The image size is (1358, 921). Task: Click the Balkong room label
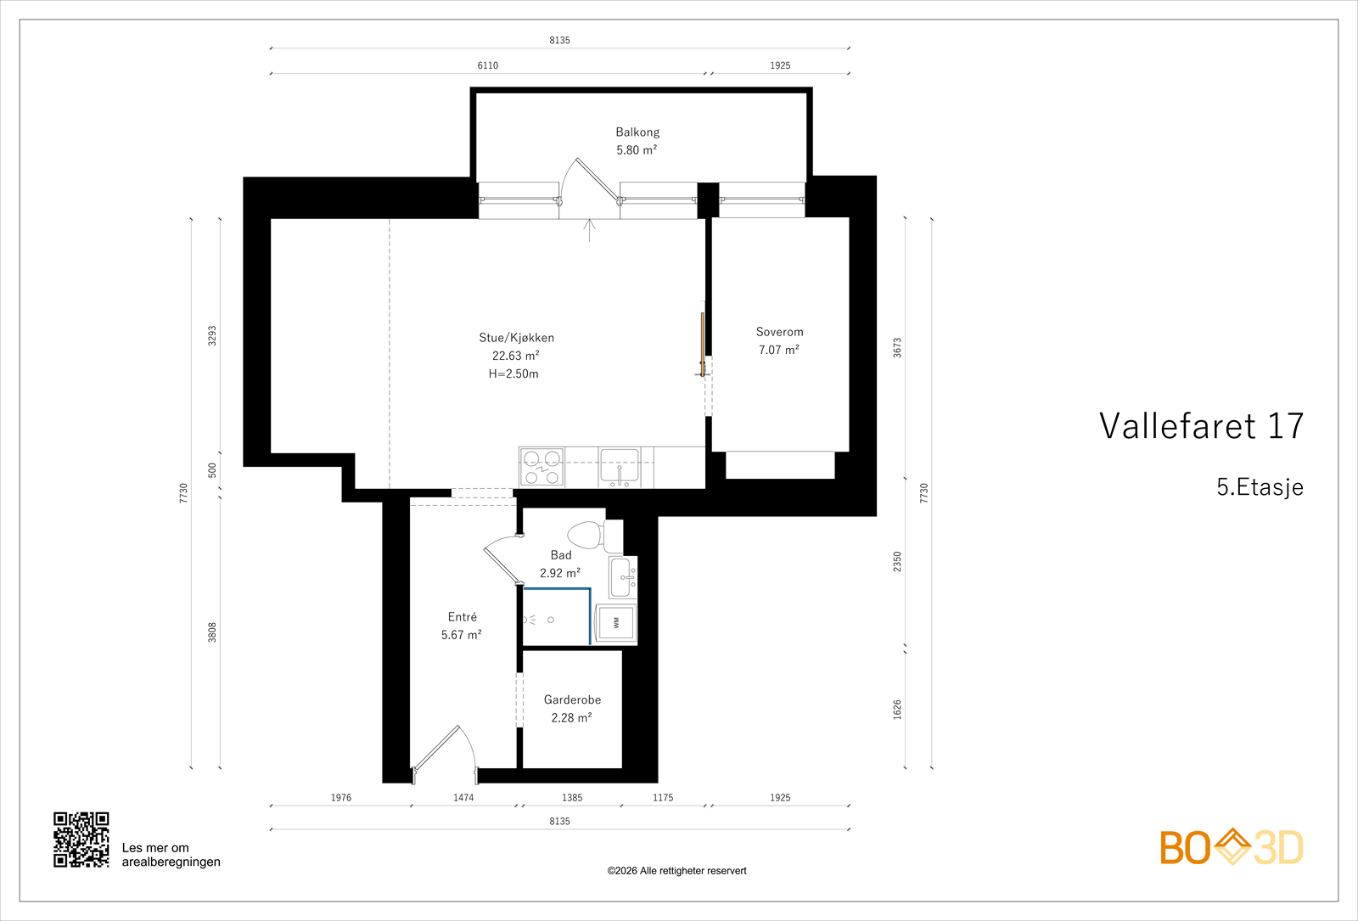click(x=637, y=132)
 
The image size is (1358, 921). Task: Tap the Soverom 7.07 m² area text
click(x=778, y=350)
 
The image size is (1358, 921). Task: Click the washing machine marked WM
click(x=616, y=623)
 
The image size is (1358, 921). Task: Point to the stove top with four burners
click(x=542, y=468)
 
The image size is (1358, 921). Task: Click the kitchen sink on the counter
click(x=620, y=467)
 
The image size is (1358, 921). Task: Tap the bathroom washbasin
click(x=622, y=578)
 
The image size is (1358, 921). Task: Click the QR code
click(x=81, y=840)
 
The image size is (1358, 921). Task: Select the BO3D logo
click(x=1231, y=847)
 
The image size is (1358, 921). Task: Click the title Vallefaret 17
click(x=1201, y=426)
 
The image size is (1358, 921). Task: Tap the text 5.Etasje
click(x=1260, y=487)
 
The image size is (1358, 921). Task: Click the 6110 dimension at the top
click(x=488, y=65)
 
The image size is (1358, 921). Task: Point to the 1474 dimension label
click(x=463, y=798)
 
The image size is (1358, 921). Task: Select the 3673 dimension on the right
click(x=897, y=347)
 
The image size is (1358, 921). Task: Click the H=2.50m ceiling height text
click(x=513, y=373)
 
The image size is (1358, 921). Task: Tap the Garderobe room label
click(x=572, y=699)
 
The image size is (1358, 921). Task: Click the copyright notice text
click(x=676, y=871)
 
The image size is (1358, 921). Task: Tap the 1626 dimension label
click(x=897, y=710)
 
